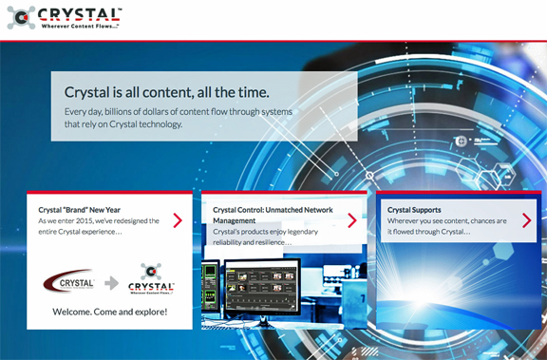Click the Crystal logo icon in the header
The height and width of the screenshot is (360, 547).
click(21, 17)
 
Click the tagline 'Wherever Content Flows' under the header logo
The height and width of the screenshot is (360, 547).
click(80, 27)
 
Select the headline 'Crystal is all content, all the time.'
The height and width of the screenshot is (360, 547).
click(167, 92)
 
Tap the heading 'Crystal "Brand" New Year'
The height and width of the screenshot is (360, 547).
click(80, 210)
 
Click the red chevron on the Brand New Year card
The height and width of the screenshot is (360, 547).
click(178, 220)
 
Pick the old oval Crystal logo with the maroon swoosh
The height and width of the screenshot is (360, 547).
click(68, 281)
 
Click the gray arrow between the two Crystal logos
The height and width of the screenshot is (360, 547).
click(112, 283)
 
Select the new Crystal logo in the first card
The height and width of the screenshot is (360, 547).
click(151, 279)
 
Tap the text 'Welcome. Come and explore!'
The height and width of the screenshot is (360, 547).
click(110, 312)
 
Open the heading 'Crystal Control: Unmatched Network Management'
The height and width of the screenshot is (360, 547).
click(273, 216)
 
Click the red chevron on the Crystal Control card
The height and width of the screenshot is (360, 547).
click(352, 220)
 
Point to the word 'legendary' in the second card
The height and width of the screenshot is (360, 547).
click(303, 232)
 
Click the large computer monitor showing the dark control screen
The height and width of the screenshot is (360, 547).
click(263, 287)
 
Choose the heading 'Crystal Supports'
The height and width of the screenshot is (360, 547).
click(414, 210)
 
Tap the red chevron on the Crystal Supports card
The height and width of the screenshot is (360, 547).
click(527, 220)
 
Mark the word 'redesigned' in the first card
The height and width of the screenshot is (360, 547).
click(123, 220)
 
